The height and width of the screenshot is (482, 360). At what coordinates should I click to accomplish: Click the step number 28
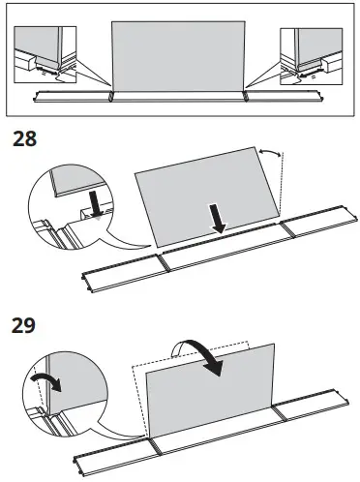click(24, 138)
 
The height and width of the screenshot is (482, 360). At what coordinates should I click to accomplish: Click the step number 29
click(24, 325)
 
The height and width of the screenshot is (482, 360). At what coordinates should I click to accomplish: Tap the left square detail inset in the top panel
click(47, 53)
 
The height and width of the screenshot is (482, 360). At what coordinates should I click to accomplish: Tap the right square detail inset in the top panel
click(309, 53)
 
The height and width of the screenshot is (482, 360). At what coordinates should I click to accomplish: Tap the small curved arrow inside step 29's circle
click(45, 379)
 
